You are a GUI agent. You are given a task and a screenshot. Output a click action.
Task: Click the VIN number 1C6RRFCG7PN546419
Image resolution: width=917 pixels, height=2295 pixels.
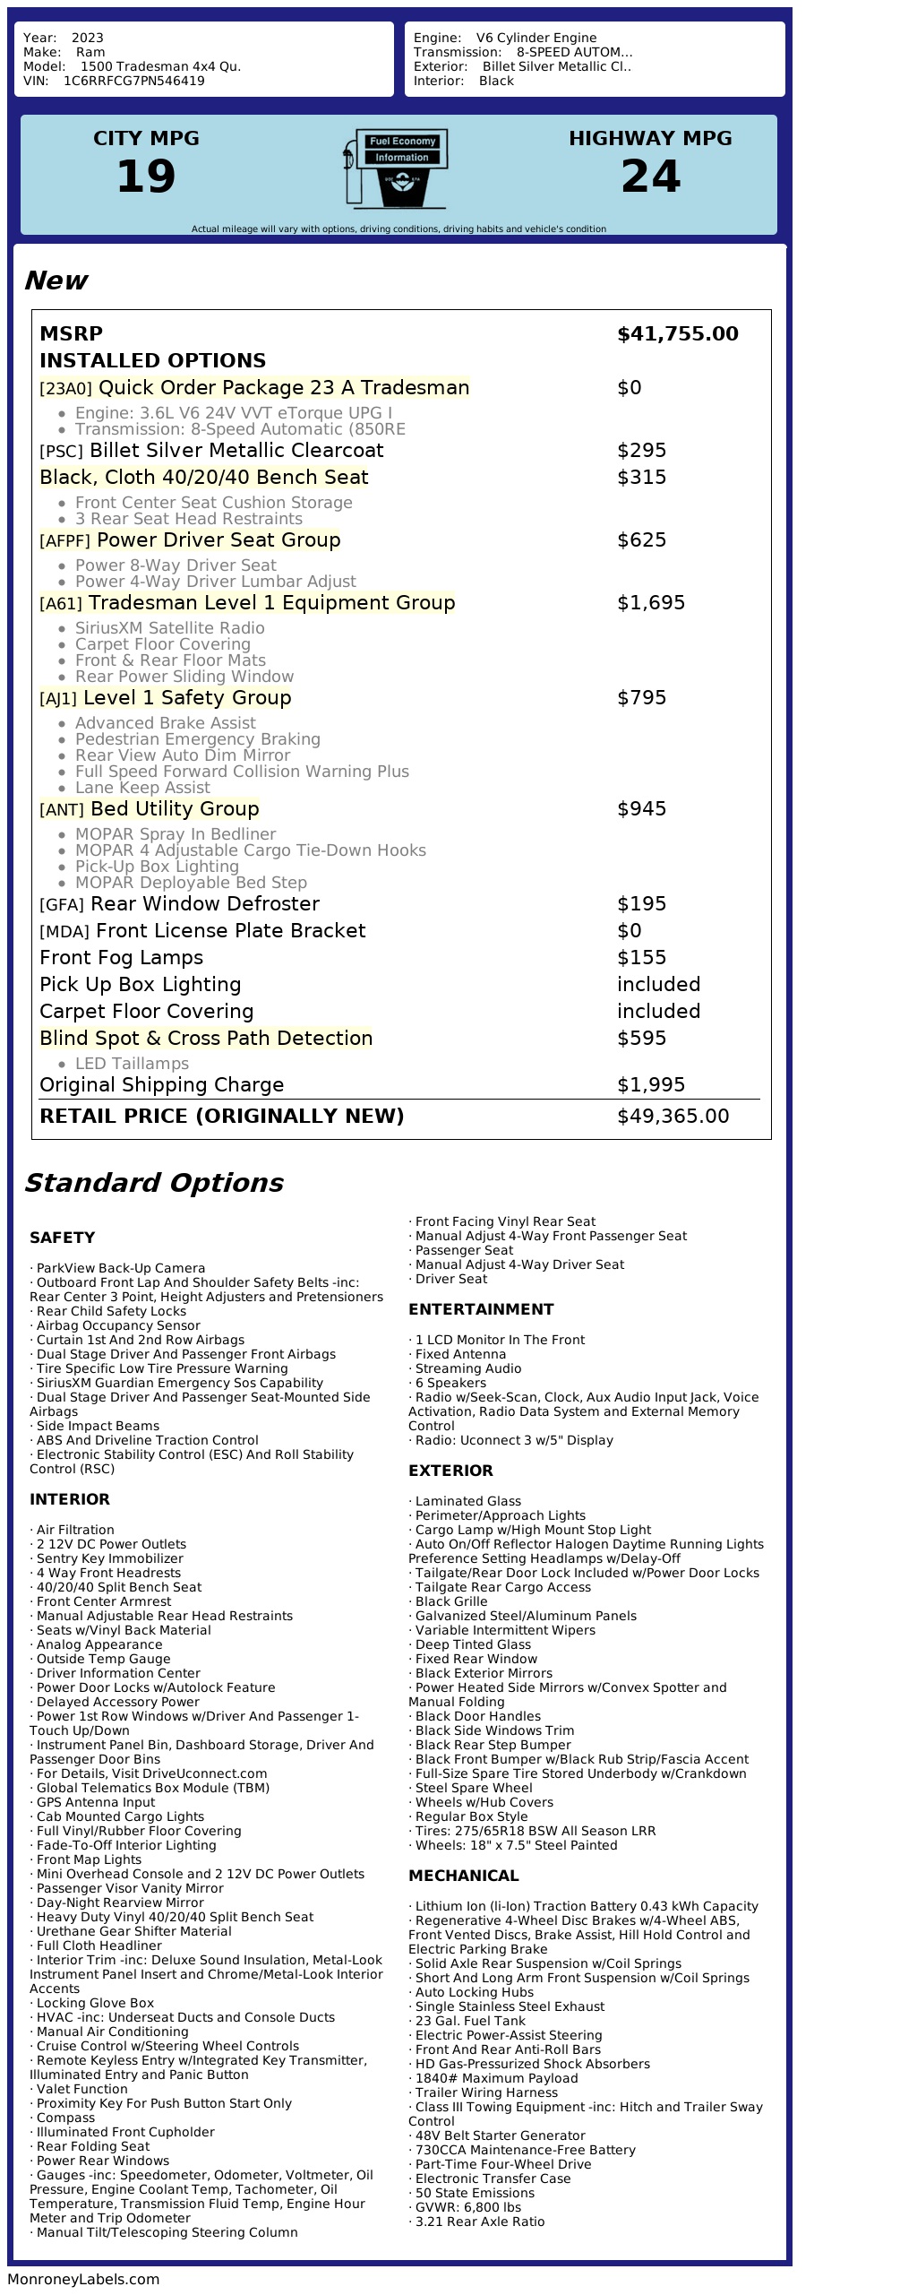pos(133,81)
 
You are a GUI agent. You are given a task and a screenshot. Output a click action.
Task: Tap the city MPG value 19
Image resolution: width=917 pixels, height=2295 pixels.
pos(146,177)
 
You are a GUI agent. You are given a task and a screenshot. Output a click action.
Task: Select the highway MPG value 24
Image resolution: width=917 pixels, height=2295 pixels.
pos(650,177)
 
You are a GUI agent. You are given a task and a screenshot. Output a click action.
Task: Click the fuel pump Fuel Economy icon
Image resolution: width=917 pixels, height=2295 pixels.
pos(395,168)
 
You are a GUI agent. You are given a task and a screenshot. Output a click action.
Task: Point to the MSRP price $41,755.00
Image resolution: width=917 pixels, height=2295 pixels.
pos(677,334)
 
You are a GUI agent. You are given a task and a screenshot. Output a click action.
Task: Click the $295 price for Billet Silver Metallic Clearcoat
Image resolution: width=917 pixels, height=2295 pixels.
pos(641,451)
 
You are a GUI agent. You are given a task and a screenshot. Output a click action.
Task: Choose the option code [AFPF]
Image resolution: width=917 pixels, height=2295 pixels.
pos(64,541)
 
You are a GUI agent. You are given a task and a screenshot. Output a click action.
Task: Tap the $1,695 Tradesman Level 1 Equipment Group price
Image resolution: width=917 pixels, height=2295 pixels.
pos(650,603)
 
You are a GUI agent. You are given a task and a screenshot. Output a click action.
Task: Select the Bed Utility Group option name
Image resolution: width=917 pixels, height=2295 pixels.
pos(175,809)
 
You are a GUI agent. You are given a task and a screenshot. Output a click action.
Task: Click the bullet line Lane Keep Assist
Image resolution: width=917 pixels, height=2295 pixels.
pos(142,788)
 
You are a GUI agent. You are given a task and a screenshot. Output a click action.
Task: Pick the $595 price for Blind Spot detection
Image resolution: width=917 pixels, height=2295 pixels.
pos(641,1039)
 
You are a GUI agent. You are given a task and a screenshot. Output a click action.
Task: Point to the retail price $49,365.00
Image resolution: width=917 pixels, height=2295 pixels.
pos(673,1117)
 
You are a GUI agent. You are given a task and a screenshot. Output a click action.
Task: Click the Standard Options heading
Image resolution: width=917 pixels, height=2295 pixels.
pos(153,1183)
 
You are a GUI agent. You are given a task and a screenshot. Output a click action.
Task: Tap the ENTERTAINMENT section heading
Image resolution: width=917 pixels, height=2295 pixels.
pos(481,1309)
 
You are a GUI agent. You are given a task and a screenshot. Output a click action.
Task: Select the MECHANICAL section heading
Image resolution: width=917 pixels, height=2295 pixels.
pos(463,1876)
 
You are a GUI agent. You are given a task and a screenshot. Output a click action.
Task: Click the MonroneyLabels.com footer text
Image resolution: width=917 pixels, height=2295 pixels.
pos(83,2280)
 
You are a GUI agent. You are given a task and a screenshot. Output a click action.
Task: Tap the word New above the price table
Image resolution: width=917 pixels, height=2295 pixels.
pos(56,280)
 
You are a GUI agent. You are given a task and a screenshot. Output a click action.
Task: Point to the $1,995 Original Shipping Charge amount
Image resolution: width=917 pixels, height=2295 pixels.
pos(650,1085)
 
